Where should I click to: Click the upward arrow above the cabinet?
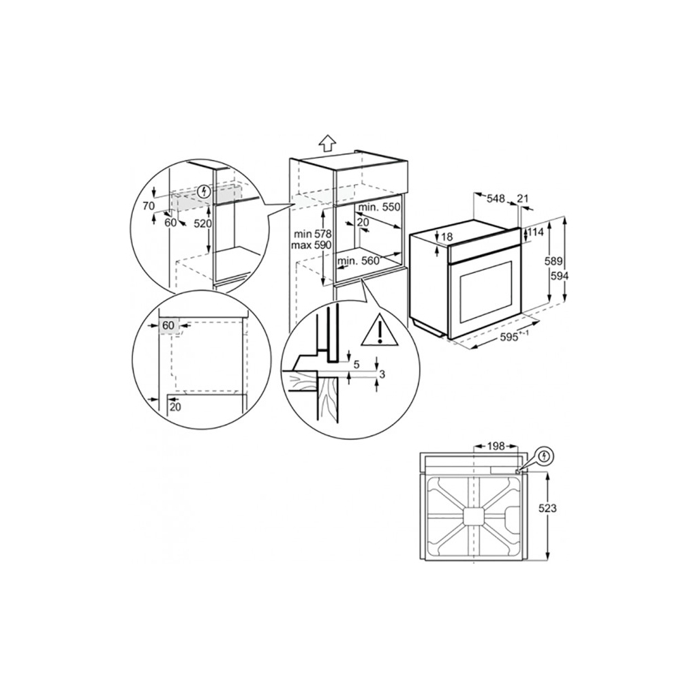(328, 142)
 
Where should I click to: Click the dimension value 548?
(496, 199)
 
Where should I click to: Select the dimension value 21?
(523, 199)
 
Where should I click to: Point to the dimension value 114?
(535, 232)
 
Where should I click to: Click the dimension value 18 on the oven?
(446, 237)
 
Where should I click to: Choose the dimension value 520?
(203, 224)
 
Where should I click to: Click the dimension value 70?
(149, 204)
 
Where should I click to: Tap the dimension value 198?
(496, 446)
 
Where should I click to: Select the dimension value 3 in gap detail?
(382, 374)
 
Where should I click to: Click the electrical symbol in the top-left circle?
(202, 192)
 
